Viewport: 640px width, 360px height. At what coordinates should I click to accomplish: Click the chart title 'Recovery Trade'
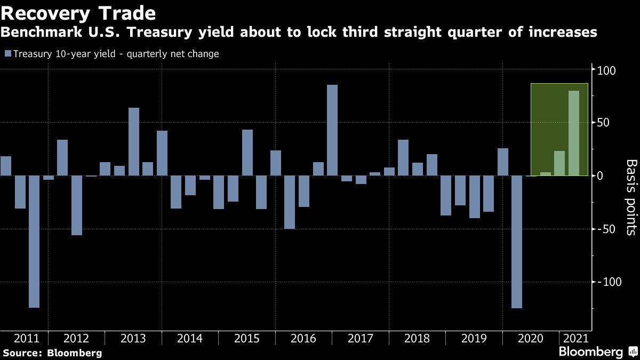pyautogui.click(x=79, y=12)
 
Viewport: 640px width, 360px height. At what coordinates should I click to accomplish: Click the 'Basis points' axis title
pyautogui.click(x=630, y=197)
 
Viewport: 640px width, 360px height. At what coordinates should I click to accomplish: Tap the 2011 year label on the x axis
pyautogui.click(x=26, y=339)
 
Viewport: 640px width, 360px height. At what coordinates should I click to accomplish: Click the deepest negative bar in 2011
pyautogui.click(x=34, y=242)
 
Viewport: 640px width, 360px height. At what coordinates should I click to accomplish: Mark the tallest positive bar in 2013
pyautogui.click(x=134, y=141)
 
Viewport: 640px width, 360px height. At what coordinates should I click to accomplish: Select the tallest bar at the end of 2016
pyautogui.click(x=332, y=130)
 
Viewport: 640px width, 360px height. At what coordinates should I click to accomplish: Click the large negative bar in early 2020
pyautogui.click(x=517, y=242)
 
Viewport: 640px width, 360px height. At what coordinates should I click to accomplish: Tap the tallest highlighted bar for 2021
pyautogui.click(x=574, y=133)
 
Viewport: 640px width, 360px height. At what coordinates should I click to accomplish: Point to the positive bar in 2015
pyautogui.click(x=247, y=153)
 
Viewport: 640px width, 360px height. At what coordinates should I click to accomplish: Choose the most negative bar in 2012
pyautogui.click(x=77, y=205)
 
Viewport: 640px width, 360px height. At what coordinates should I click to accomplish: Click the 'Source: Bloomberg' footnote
pyautogui.click(x=52, y=353)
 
